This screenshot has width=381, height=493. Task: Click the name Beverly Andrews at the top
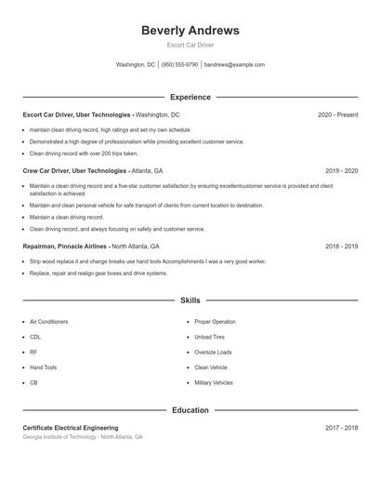click(190, 31)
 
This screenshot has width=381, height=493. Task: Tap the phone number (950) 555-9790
click(179, 65)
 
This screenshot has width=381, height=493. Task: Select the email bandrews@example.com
click(234, 65)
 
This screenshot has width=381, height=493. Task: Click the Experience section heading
click(190, 97)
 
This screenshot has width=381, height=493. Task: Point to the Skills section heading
click(190, 300)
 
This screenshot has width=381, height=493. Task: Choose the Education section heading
click(190, 410)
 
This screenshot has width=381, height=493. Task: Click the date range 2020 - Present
click(337, 114)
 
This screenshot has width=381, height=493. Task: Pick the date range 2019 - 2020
click(341, 171)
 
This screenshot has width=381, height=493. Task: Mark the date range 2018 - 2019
click(341, 246)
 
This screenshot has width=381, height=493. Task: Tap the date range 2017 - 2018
click(341, 428)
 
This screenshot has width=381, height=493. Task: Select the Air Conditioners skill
click(48, 322)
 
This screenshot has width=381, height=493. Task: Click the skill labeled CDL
click(35, 337)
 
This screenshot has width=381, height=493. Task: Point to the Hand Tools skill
click(43, 367)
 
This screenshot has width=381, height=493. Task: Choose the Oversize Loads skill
click(213, 353)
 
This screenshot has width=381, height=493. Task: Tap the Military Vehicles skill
click(214, 382)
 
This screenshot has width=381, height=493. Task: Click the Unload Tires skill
click(210, 337)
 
